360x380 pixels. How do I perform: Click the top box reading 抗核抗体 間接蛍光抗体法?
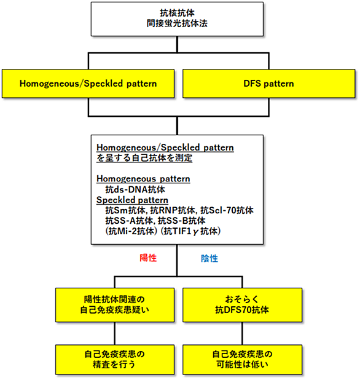click(x=177, y=19)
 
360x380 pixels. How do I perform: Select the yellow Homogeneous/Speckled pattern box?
click(x=88, y=84)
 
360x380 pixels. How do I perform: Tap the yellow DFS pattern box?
click(x=268, y=84)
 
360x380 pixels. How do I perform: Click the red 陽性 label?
click(x=148, y=258)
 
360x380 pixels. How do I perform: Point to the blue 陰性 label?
click(x=209, y=258)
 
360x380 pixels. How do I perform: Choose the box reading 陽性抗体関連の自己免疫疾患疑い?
click(x=115, y=305)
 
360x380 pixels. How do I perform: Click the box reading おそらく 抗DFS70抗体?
click(x=242, y=305)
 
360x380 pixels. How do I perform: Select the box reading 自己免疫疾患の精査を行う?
click(x=115, y=359)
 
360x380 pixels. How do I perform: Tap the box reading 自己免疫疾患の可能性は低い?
click(x=242, y=359)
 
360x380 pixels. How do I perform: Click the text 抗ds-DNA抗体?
click(x=135, y=189)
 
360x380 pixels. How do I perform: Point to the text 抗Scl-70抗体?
click(x=227, y=210)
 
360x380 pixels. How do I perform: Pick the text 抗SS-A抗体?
click(x=129, y=221)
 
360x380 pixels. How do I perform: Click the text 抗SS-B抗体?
click(x=182, y=221)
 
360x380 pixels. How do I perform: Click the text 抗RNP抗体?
click(x=173, y=210)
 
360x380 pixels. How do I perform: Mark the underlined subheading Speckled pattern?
click(x=132, y=200)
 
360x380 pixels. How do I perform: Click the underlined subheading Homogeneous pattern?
click(x=143, y=179)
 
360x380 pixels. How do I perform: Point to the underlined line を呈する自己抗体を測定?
click(x=144, y=158)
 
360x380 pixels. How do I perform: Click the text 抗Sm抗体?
click(x=125, y=210)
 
